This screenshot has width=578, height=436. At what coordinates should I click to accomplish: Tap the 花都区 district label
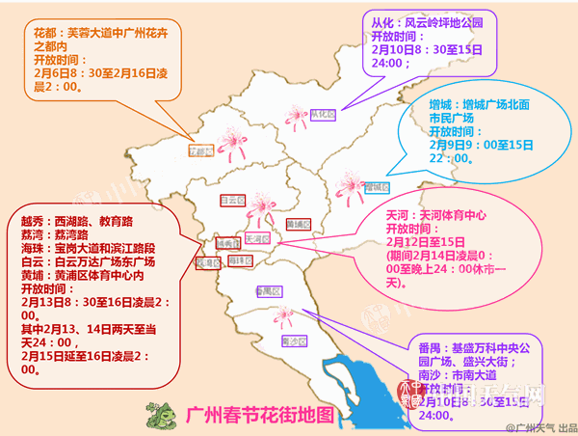[200, 151]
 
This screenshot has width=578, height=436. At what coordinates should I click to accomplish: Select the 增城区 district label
[377, 187]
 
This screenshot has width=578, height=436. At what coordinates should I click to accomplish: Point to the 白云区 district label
[229, 201]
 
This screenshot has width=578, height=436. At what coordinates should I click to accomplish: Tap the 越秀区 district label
[228, 244]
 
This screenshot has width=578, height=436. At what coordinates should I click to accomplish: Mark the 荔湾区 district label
[205, 262]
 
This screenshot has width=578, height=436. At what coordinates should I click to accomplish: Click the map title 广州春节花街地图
[260, 417]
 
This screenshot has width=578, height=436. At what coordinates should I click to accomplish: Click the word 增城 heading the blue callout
[442, 102]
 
